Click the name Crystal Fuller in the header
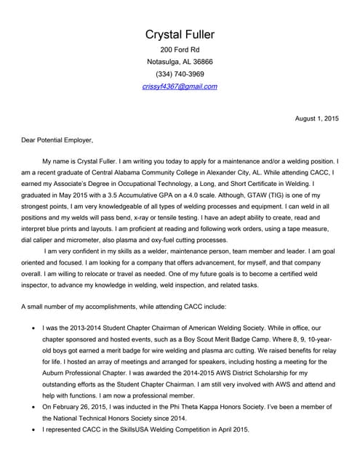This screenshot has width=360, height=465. [x=180, y=35]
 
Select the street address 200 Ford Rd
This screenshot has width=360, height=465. [x=180, y=49]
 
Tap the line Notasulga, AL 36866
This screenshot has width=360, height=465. [x=180, y=62]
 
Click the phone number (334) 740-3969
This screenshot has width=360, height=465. [x=180, y=74]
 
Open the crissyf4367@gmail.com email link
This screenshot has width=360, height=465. [x=180, y=86]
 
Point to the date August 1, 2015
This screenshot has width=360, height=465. [x=316, y=118]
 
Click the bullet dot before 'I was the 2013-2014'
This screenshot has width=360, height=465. [x=33, y=329]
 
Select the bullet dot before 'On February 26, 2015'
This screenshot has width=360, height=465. [x=33, y=406]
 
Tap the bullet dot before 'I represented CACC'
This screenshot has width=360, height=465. [x=33, y=429]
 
